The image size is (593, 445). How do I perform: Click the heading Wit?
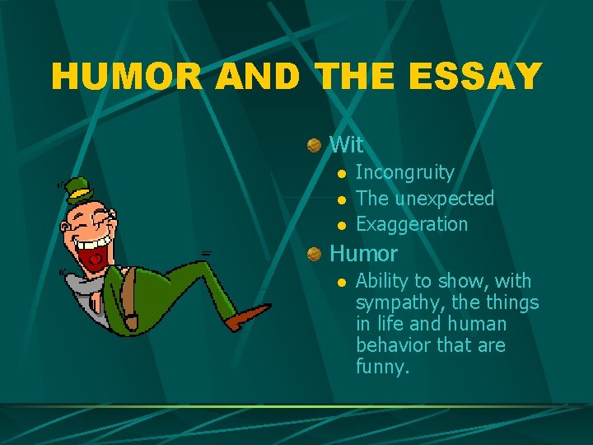click(x=346, y=145)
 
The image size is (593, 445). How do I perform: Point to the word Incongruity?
click(x=404, y=173)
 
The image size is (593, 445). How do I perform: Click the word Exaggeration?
click(x=412, y=224)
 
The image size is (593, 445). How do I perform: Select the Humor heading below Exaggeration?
click(x=363, y=254)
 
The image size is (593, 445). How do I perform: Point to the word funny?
click(x=381, y=367)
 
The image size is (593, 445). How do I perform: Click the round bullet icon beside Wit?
click(x=314, y=146)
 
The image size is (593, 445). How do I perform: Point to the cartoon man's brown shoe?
click(x=247, y=316)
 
